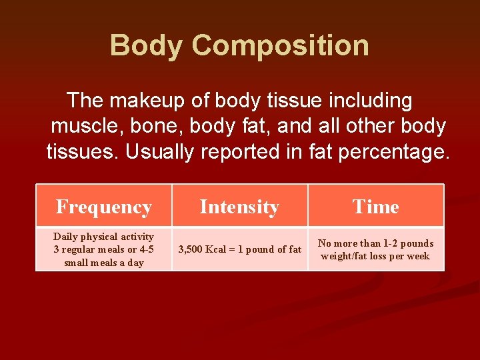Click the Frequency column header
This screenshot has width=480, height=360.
(104, 207)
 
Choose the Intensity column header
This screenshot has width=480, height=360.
(239, 207)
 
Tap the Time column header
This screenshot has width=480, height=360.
(376, 207)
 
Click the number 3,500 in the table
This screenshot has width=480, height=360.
(191, 249)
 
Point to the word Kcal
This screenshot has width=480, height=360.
(216, 249)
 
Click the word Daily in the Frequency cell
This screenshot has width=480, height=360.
(66, 237)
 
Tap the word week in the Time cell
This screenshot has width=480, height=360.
(418, 256)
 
